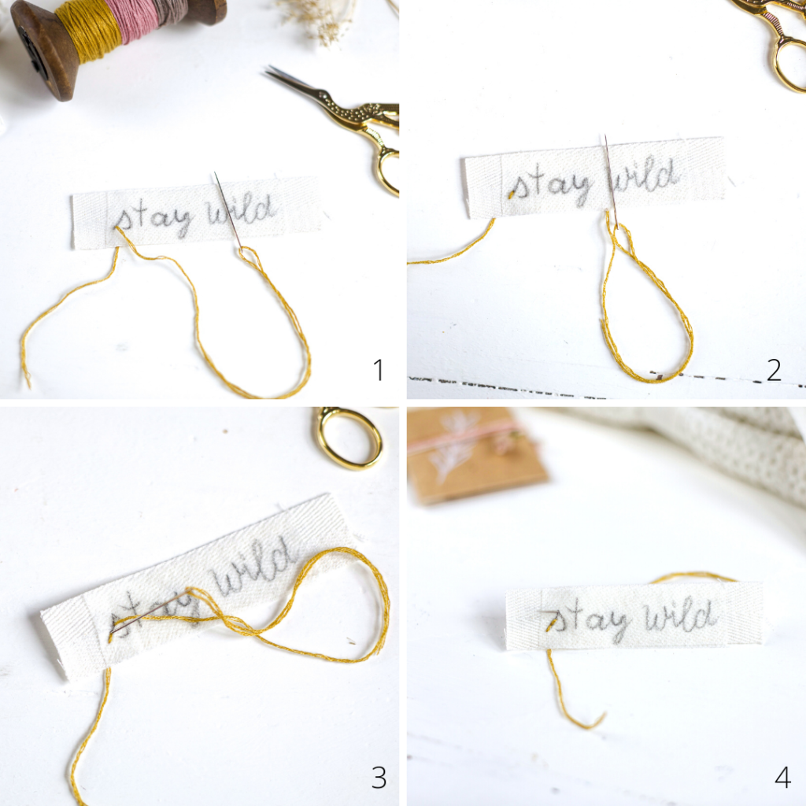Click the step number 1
[x=379, y=370]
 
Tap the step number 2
[x=774, y=370]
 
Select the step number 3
[x=379, y=777]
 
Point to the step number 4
[x=782, y=777]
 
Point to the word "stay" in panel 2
[x=550, y=186]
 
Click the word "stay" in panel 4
[x=586, y=620]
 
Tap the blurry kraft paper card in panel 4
[x=475, y=453]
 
